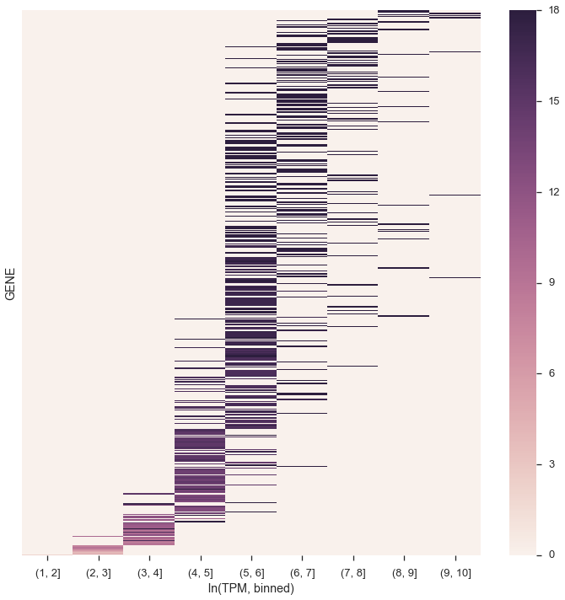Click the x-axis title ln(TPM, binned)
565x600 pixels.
pyautogui.click(x=250, y=588)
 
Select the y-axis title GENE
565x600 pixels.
pyautogui.click(x=11, y=283)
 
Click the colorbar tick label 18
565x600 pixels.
pyautogui.click(x=554, y=10)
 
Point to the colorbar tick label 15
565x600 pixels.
pyautogui.click(x=554, y=101)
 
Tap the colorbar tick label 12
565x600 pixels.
pyautogui.click(x=554, y=192)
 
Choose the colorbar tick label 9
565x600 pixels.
pyautogui.click(x=552, y=282)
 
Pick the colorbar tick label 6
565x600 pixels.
pyautogui.click(x=552, y=373)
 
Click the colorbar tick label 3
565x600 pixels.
pyautogui.click(x=552, y=464)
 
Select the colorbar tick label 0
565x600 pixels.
pyautogui.click(x=552, y=554)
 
